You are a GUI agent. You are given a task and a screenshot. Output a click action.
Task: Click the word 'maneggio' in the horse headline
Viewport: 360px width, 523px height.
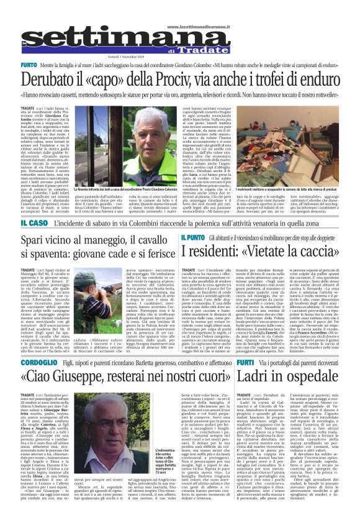point(109,240)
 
